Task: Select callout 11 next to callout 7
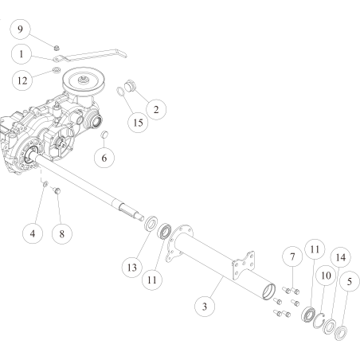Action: [315, 249]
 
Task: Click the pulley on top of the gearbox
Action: [88, 80]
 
